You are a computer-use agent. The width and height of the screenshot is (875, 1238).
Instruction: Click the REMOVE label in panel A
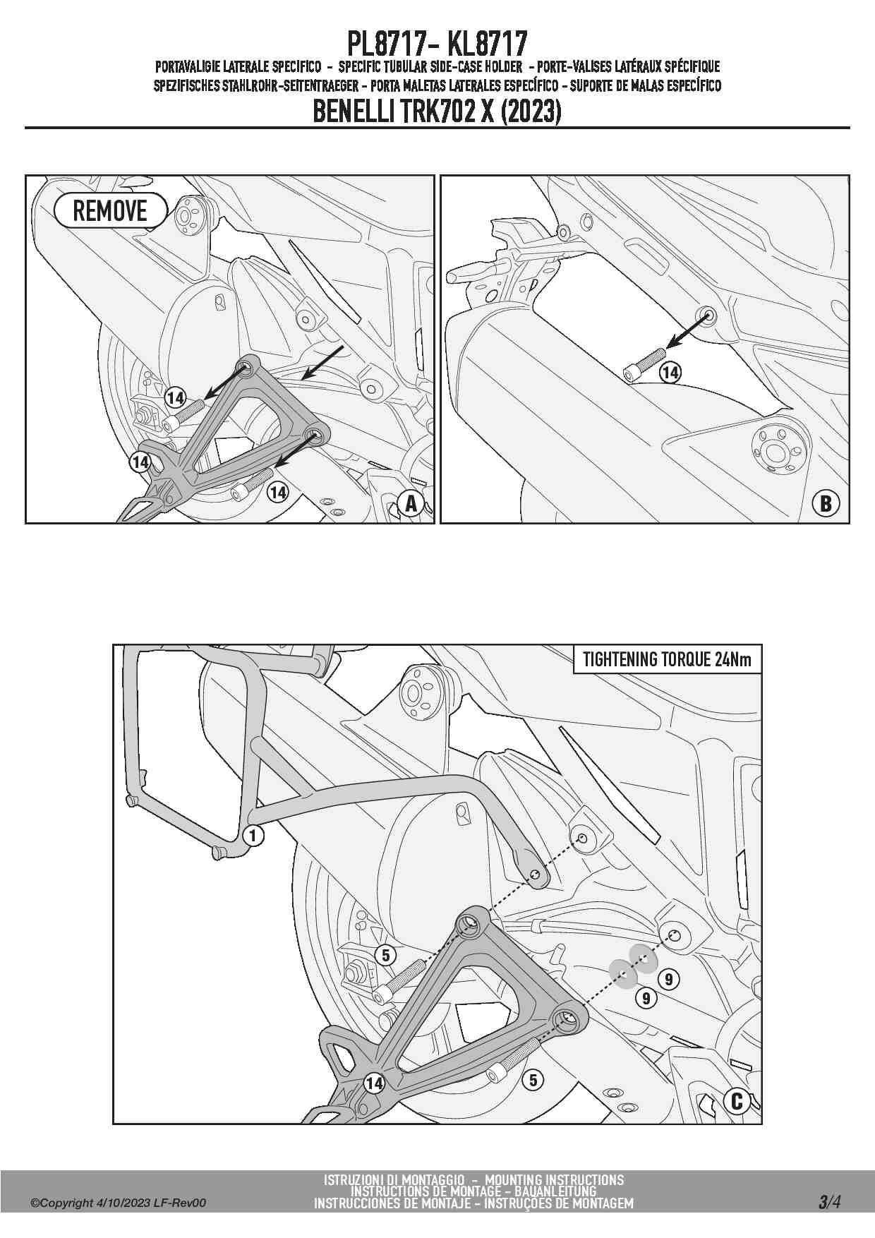coord(110,211)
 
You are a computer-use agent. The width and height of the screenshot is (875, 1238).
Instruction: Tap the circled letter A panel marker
coord(411,503)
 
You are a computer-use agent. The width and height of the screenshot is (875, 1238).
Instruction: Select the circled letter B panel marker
coord(826,503)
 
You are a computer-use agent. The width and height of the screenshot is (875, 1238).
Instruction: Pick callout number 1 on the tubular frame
coord(253,836)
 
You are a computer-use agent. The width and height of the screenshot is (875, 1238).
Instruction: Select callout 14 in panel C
coord(374,1083)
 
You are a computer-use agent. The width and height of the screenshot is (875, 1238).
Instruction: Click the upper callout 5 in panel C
coord(385,956)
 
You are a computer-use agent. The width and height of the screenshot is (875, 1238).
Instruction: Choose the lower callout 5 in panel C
coord(533,1080)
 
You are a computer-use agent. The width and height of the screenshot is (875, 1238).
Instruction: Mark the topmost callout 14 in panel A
coord(175,398)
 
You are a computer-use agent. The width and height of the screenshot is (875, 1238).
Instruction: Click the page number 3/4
coord(830,1201)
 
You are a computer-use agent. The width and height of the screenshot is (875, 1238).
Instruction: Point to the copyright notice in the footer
coord(119,1203)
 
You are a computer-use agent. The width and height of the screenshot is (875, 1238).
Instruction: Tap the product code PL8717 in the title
coord(385,44)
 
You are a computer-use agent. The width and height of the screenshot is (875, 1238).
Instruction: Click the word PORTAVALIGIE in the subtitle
coord(188,67)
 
